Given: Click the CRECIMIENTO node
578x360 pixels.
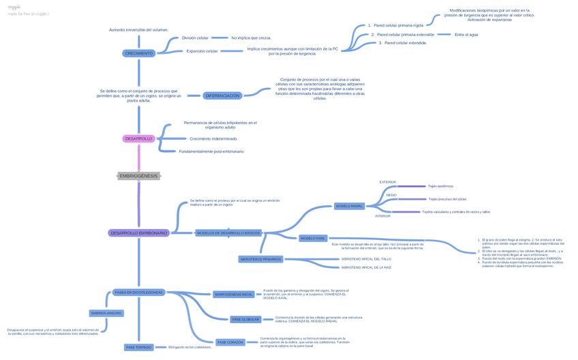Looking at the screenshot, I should [x=139, y=53].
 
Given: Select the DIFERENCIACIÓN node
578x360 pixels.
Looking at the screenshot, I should [x=222, y=95].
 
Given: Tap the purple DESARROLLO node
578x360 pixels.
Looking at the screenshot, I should [x=138, y=138].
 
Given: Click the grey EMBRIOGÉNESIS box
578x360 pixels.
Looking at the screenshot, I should [x=138, y=176].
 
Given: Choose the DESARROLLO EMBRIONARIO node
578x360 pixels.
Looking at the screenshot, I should [x=138, y=233].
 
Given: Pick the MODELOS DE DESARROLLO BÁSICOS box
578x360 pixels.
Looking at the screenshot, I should [x=228, y=233].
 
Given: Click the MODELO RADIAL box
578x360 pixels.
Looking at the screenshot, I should [x=350, y=206].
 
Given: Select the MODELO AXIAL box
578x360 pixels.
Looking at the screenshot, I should [x=313, y=239].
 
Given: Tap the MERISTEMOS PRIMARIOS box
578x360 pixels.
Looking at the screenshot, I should [x=260, y=259].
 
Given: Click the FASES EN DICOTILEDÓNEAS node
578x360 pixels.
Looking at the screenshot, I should [x=138, y=292].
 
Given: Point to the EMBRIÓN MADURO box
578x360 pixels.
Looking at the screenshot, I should [x=106, y=314].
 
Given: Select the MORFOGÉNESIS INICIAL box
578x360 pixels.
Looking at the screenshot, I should [x=234, y=295].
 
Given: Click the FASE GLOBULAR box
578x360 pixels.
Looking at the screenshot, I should [x=245, y=319].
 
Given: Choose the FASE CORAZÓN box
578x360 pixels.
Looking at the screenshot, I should [x=230, y=342].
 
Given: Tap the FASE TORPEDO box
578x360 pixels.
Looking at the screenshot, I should [x=138, y=347].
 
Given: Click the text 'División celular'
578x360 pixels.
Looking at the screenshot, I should [x=195, y=38].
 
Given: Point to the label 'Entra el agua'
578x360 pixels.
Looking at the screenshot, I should [x=466, y=34].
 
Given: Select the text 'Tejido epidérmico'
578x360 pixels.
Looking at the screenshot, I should [x=440, y=186].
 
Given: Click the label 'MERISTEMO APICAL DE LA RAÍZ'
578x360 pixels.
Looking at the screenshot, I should [x=366, y=267].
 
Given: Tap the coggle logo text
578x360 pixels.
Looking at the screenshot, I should [x=14, y=7].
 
